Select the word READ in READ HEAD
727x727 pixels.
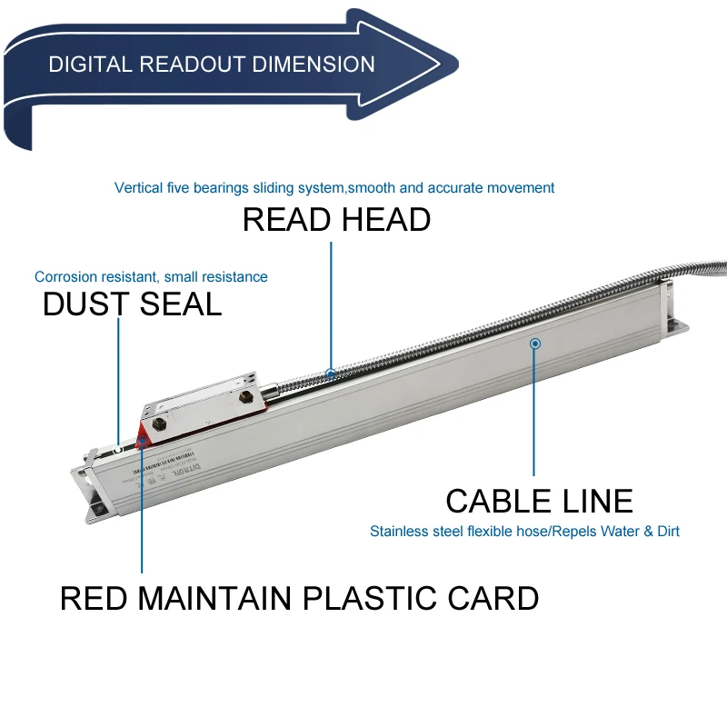click(283, 220)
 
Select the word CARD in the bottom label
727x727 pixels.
click(499, 599)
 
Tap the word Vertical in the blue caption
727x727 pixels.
click(138, 188)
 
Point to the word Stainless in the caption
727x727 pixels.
click(399, 531)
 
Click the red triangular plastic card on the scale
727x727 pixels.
click(144, 433)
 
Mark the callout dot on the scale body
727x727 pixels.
click(535, 344)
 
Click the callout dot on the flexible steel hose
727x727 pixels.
click(331, 373)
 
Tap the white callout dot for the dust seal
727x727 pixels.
click(118, 447)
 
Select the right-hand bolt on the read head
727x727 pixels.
click(244, 397)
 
